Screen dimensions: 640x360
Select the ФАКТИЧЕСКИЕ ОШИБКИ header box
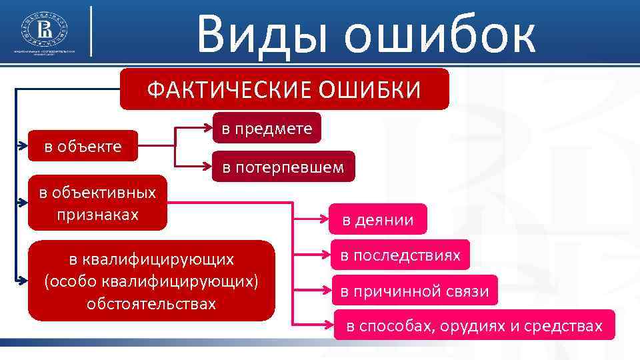click(284, 89)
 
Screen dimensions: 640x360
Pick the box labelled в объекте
click(83, 145)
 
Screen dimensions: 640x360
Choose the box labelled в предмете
click(267, 128)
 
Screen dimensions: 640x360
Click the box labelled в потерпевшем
click(283, 167)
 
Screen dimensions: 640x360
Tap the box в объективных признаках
click(97, 203)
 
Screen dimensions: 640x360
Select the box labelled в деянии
click(378, 219)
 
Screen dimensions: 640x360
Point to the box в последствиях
click(400, 255)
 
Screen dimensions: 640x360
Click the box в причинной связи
click(415, 290)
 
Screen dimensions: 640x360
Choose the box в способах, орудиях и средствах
click(474, 325)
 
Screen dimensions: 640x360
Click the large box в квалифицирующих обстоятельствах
click(151, 280)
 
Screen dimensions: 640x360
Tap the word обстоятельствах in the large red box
click(151, 303)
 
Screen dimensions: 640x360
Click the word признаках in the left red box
click(97, 215)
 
